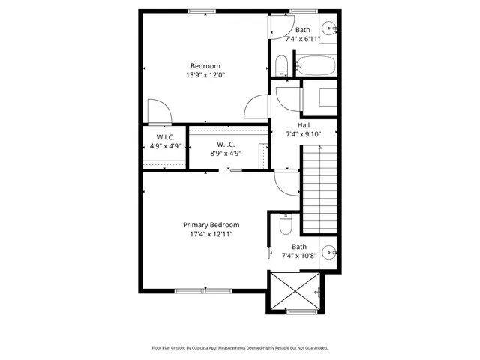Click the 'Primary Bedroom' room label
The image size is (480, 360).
pyautogui.click(x=211, y=225)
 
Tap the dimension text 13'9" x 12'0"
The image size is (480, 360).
pyautogui.click(x=205, y=75)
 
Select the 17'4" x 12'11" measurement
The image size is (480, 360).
pyautogui.click(x=211, y=235)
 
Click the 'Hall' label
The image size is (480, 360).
pyautogui.click(x=303, y=125)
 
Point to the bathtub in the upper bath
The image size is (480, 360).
pyautogui.click(x=316, y=66)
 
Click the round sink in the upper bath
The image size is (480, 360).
pyautogui.click(x=328, y=28)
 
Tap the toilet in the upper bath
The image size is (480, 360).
pyautogui.click(x=280, y=66)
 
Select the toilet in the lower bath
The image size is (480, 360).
pyautogui.click(x=283, y=223)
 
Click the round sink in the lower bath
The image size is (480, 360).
pyautogui.click(x=328, y=252)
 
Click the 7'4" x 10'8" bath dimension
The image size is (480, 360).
pyautogui.click(x=299, y=255)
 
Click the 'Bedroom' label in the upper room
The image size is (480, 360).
pyautogui.click(x=205, y=65)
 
